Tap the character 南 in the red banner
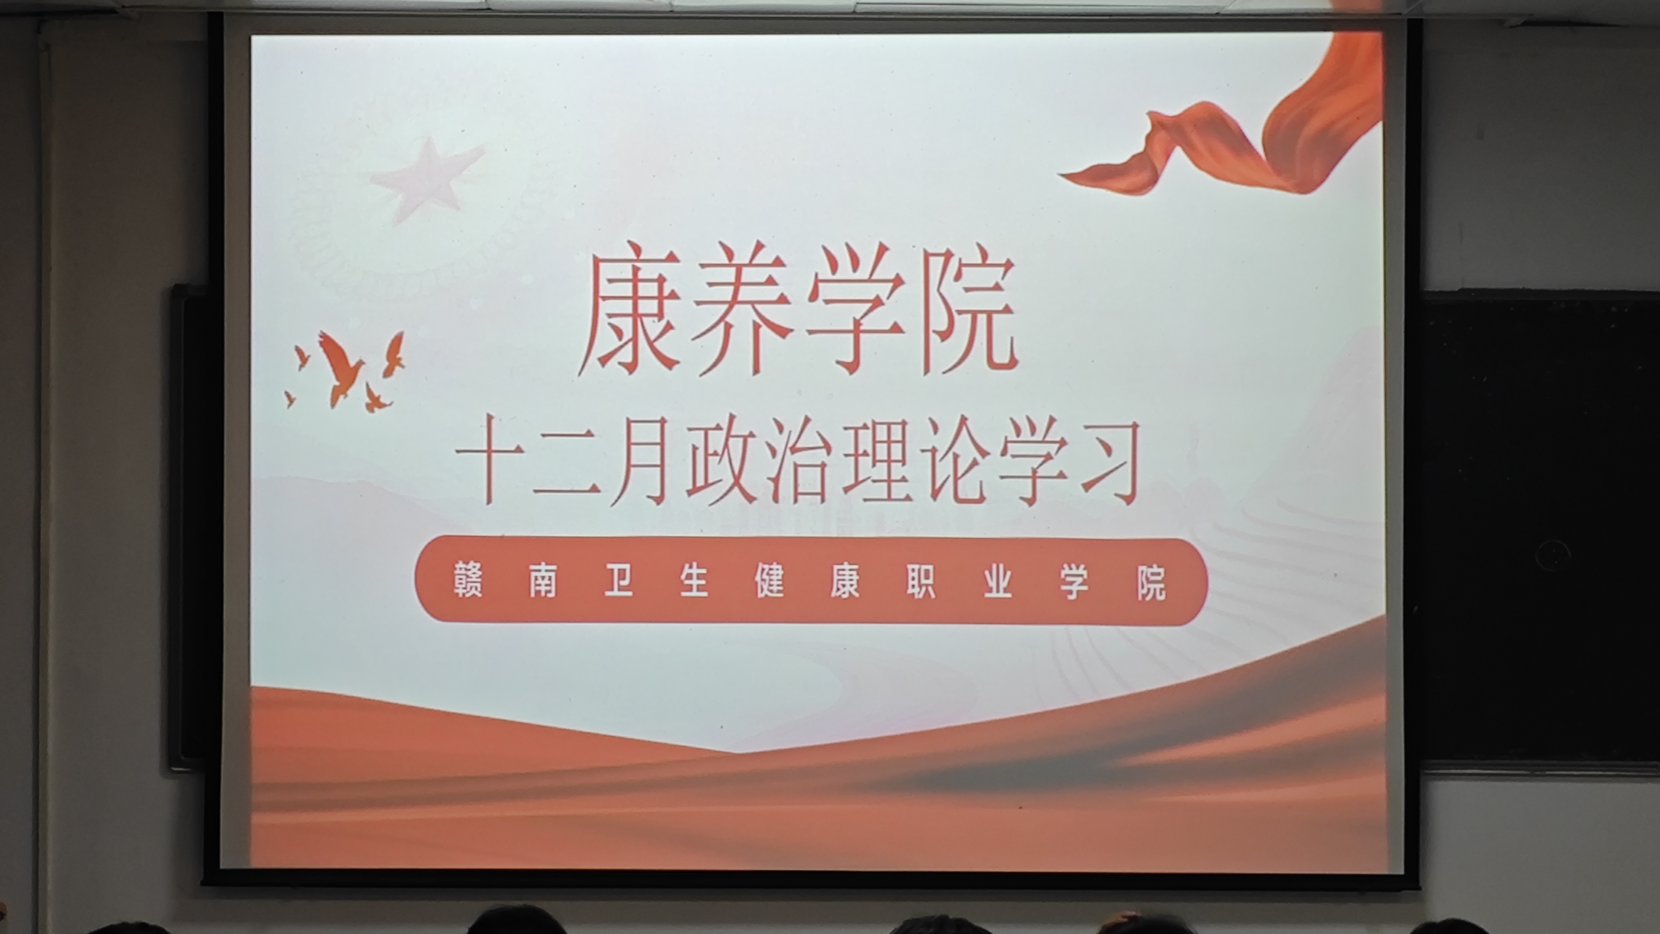(x=543, y=580)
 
